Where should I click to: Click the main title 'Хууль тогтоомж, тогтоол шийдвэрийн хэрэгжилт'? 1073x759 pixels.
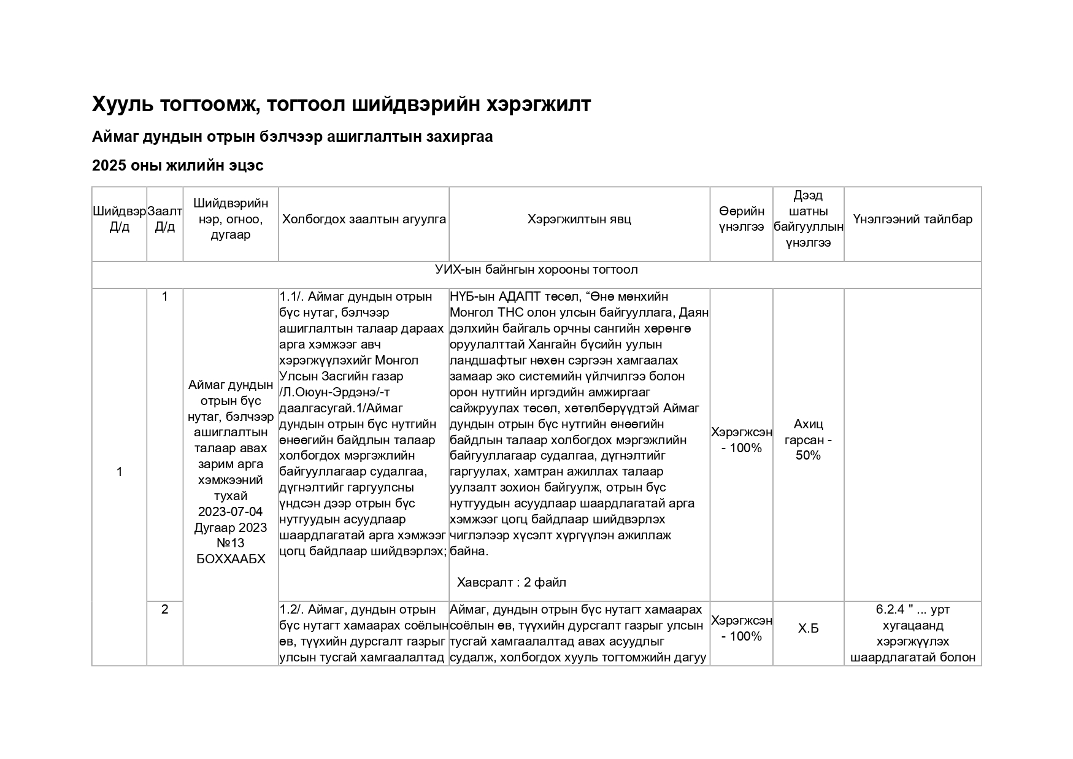(x=341, y=105)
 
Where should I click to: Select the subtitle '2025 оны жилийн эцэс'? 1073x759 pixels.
(x=177, y=166)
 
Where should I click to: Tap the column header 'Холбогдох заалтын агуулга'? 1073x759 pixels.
(x=364, y=220)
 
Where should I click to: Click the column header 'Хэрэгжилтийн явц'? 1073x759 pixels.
(x=579, y=220)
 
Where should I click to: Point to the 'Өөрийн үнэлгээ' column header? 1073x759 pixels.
(x=741, y=220)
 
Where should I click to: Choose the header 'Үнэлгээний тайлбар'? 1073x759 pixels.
(x=912, y=220)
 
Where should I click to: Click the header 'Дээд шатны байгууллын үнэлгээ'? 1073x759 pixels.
(x=808, y=220)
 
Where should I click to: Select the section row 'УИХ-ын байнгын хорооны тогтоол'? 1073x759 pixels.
(x=536, y=270)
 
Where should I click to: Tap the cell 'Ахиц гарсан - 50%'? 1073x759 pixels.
(x=808, y=440)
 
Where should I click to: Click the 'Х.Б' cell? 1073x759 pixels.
(x=808, y=629)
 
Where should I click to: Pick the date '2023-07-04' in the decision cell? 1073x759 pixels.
(x=230, y=512)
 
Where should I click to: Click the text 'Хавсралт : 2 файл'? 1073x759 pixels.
(x=511, y=582)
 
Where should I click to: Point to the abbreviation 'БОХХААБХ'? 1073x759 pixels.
(x=230, y=559)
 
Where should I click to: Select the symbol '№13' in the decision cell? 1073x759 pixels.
(x=230, y=543)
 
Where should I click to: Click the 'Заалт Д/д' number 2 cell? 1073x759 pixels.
(x=164, y=610)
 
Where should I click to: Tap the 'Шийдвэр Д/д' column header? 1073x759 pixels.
(x=119, y=220)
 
